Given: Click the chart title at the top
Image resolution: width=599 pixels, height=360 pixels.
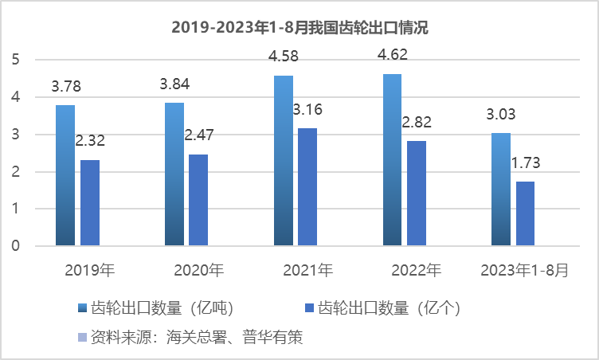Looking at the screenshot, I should pyautogui.click(x=299, y=28).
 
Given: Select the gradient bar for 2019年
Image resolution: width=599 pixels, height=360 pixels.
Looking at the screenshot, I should pyautogui.click(x=65, y=175).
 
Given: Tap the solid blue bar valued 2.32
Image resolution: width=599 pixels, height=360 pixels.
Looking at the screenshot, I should pyautogui.click(x=90, y=203).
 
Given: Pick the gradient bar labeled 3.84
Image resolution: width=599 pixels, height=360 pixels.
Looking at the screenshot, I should pyautogui.click(x=174, y=174).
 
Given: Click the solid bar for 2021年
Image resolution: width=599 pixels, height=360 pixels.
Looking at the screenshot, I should pyautogui.click(x=307, y=187).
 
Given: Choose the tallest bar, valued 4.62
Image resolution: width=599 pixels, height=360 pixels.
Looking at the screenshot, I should pyautogui.click(x=392, y=159).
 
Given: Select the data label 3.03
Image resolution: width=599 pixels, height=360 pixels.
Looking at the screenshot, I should pyautogui.click(x=503, y=115).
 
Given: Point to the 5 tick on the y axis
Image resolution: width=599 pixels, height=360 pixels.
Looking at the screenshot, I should pyautogui.click(x=16, y=60).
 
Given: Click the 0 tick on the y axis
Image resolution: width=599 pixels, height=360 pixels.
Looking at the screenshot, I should pyautogui.click(x=16, y=246).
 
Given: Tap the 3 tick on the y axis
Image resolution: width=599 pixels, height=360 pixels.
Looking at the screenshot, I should pyautogui.click(x=16, y=135).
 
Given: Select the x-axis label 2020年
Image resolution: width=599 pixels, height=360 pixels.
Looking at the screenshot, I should pyautogui.click(x=198, y=270).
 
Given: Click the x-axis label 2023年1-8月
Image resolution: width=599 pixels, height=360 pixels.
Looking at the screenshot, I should pyautogui.click(x=525, y=270).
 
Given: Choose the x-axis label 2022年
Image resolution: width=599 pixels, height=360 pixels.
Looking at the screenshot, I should pyautogui.click(x=416, y=270).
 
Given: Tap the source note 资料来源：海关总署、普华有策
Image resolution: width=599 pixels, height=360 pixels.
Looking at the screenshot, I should pyautogui.click(x=190, y=338).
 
